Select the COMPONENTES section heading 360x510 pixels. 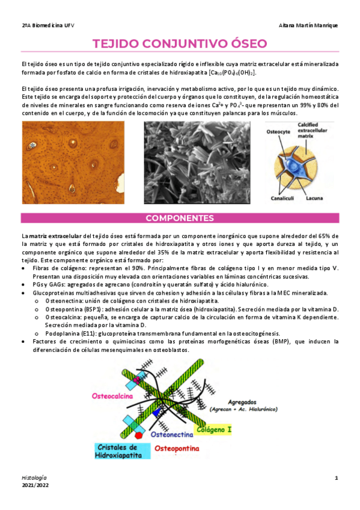click(x=180, y=218)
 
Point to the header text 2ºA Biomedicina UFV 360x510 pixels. click(x=47, y=25)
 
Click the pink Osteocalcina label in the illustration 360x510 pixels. click(x=112, y=396)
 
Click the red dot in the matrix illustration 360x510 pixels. click(x=139, y=434)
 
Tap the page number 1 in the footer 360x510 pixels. click(x=337, y=478)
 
